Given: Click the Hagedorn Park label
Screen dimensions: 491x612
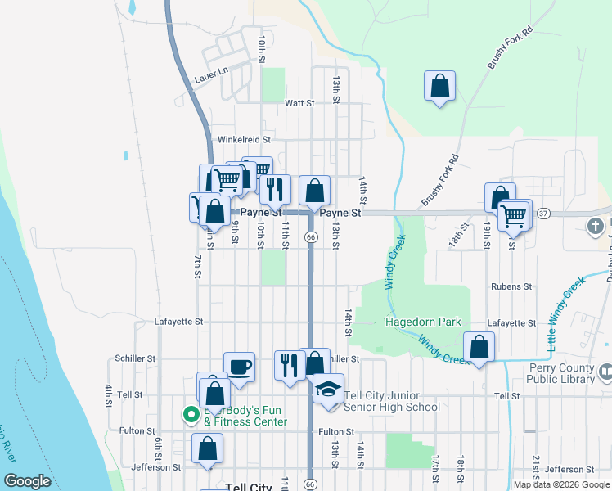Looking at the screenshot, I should click(x=423, y=322).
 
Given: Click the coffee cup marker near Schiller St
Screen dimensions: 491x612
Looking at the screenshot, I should click(x=239, y=367).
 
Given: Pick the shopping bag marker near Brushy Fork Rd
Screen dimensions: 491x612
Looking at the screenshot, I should click(x=439, y=87).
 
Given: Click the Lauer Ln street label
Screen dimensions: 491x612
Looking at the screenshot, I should click(x=209, y=79).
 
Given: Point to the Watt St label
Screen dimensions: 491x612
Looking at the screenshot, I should click(x=299, y=103).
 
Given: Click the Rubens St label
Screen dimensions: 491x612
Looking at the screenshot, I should click(x=511, y=287).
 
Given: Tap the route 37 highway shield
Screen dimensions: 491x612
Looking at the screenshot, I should click(x=543, y=214).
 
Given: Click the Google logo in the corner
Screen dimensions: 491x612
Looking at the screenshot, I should click(x=28, y=481).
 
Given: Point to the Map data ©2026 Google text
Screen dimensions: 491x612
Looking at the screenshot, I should click(x=560, y=484).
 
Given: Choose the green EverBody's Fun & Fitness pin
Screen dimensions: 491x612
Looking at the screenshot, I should click(x=191, y=415).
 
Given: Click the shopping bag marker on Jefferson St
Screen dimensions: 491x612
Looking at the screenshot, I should click(x=208, y=449).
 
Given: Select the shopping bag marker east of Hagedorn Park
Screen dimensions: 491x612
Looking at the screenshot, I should click(x=479, y=348).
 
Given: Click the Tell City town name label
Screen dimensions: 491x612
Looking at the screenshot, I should click(x=247, y=487).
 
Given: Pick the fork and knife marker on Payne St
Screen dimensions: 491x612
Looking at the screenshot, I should click(x=275, y=190).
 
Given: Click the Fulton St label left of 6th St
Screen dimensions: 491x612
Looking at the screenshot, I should click(x=137, y=430).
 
